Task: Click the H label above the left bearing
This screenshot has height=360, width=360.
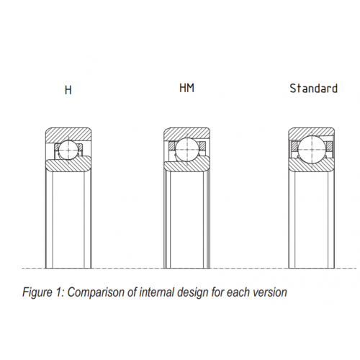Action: click(68, 90)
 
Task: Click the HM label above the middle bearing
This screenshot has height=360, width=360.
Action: click(186, 88)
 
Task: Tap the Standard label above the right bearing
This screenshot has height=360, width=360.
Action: click(313, 89)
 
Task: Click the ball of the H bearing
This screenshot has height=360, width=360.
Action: click(69, 150)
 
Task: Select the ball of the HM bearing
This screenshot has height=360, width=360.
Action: click(187, 150)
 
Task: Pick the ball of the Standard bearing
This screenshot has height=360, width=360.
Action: click(311, 149)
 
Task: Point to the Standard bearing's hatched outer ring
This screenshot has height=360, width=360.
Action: click(311, 132)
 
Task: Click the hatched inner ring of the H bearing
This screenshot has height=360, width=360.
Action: click(68, 165)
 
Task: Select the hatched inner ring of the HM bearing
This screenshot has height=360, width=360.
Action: click(186, 166)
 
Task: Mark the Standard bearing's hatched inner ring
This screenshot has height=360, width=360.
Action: click(311, 166)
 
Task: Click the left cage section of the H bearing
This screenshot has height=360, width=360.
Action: click(57, 147)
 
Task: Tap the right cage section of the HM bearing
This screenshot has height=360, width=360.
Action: click(203, 145)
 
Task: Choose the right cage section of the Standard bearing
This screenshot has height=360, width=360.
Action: click(329, 146)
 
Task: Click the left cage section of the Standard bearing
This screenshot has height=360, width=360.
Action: click(294, 146)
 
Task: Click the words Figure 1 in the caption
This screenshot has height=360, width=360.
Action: click(43, 292)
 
